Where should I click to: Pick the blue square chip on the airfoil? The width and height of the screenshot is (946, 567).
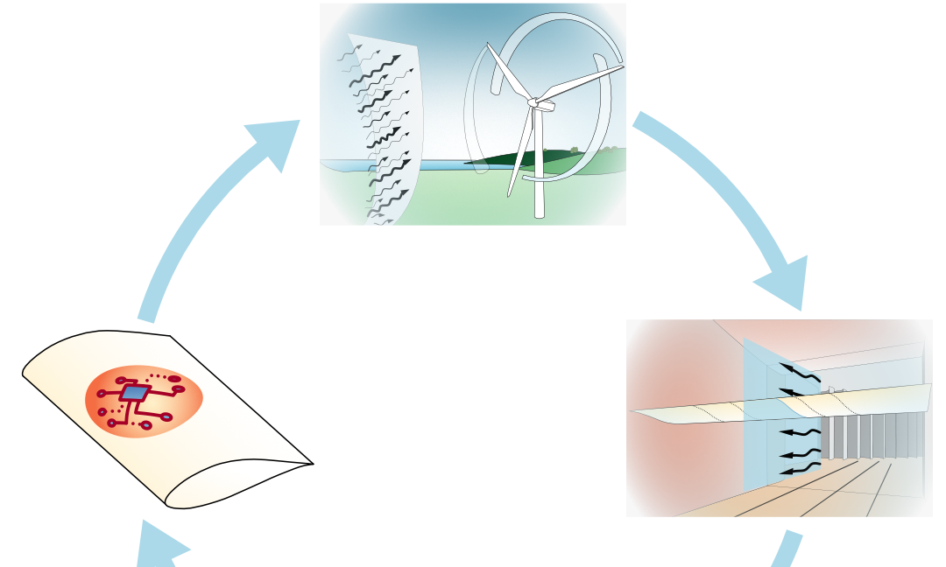coord(133,393)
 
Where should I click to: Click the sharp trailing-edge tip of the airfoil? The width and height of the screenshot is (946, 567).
coord(311,464)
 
